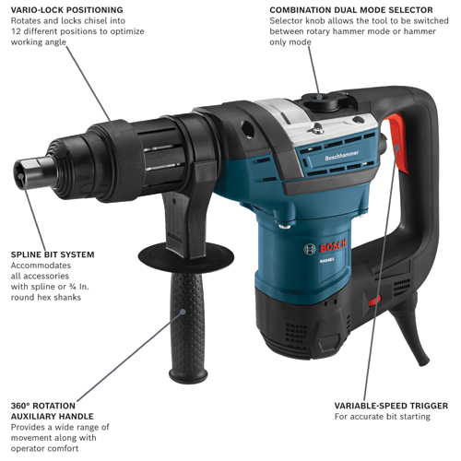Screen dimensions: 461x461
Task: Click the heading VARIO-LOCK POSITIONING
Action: point(66,10)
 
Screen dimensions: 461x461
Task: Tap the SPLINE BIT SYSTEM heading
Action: point(53,254)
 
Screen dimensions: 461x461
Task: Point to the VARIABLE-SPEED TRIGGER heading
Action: point(391,405)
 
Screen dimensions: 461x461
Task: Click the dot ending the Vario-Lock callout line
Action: point(112,120)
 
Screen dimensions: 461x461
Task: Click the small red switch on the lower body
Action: point(374,301)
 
